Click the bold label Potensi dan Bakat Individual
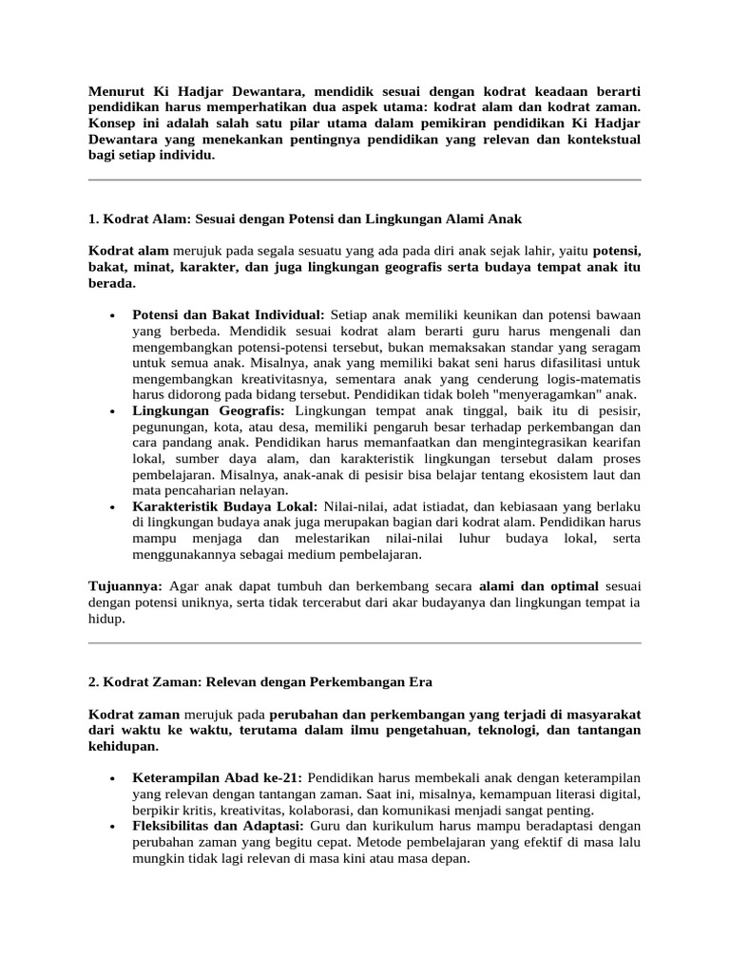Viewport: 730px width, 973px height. (x=228, y=314)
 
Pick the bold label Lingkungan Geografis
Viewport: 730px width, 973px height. (x=208, y=410)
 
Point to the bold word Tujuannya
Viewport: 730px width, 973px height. (x=125, y=587)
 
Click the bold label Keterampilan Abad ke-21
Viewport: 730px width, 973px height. (x=219, y=778)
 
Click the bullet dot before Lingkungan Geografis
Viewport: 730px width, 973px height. (x=113, y=411)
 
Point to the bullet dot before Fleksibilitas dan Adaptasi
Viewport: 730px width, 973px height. (x=113, y=828)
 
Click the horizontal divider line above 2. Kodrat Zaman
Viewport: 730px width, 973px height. (x=364, y=643)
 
